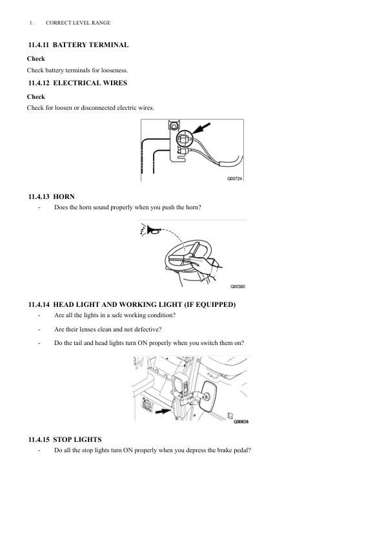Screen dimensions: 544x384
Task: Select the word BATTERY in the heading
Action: click(68, 45)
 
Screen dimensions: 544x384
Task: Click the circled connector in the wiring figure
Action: click(183, 138)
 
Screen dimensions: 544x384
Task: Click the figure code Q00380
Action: click(237, 286)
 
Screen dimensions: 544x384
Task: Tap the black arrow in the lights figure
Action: click(165, 408)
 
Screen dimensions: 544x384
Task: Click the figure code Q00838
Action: click(239, 422)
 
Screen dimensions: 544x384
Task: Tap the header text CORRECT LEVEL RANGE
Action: click(78, 23)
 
